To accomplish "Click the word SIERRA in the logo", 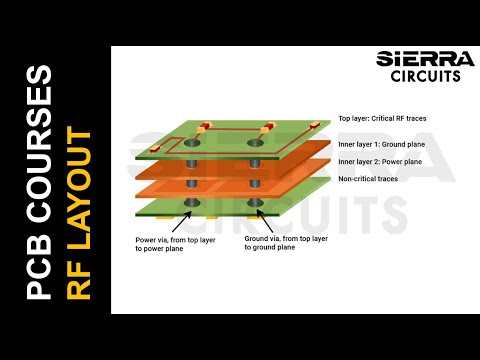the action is click(x=419, y=58).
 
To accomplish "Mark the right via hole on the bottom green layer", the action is click(x=256, y=206).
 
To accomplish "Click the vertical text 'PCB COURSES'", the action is click(x=38, y=182).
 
